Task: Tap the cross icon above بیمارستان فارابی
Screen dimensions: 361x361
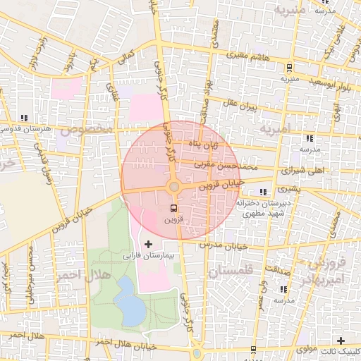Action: click(x=147, y=244)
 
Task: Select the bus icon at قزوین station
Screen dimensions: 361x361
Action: click(x=174, y=208)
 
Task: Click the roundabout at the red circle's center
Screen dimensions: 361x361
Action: click(x=173, y=186)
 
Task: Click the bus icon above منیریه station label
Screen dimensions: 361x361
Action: click(x=288, y=68)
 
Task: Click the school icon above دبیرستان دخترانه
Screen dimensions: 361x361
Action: click(x=263, y=192)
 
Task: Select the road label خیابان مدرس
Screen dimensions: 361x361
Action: click(x=216, y=245)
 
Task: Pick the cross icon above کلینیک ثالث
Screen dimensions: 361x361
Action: click(x=341, y=341)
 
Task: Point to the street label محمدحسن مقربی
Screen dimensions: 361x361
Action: click(x=202, y=162)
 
